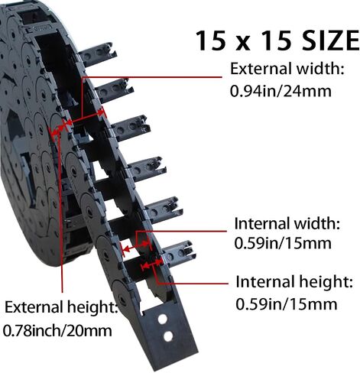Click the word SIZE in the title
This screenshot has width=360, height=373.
[x=331, y=41]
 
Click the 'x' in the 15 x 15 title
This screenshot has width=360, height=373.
[x=244, y=44]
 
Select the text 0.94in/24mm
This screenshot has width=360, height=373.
[x=281, y=91]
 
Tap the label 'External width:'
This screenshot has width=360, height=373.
[x=287, y=69]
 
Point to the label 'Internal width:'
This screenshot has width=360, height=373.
[x=287, y=223]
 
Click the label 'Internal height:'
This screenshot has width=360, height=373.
[x=294, y=282]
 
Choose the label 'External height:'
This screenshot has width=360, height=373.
[x=61, y=307]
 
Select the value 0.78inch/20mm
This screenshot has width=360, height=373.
[x=57, y=331]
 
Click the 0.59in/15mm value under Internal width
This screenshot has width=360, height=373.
[x=283, y=243]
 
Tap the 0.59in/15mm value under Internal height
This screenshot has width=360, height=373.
[x=287, y=304]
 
